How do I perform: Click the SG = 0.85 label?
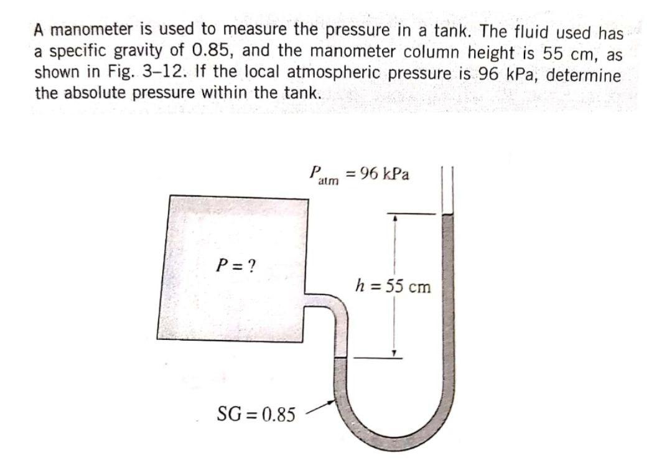point(256,413)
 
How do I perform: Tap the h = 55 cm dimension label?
point(392,287)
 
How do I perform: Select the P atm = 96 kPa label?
point(359,175)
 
